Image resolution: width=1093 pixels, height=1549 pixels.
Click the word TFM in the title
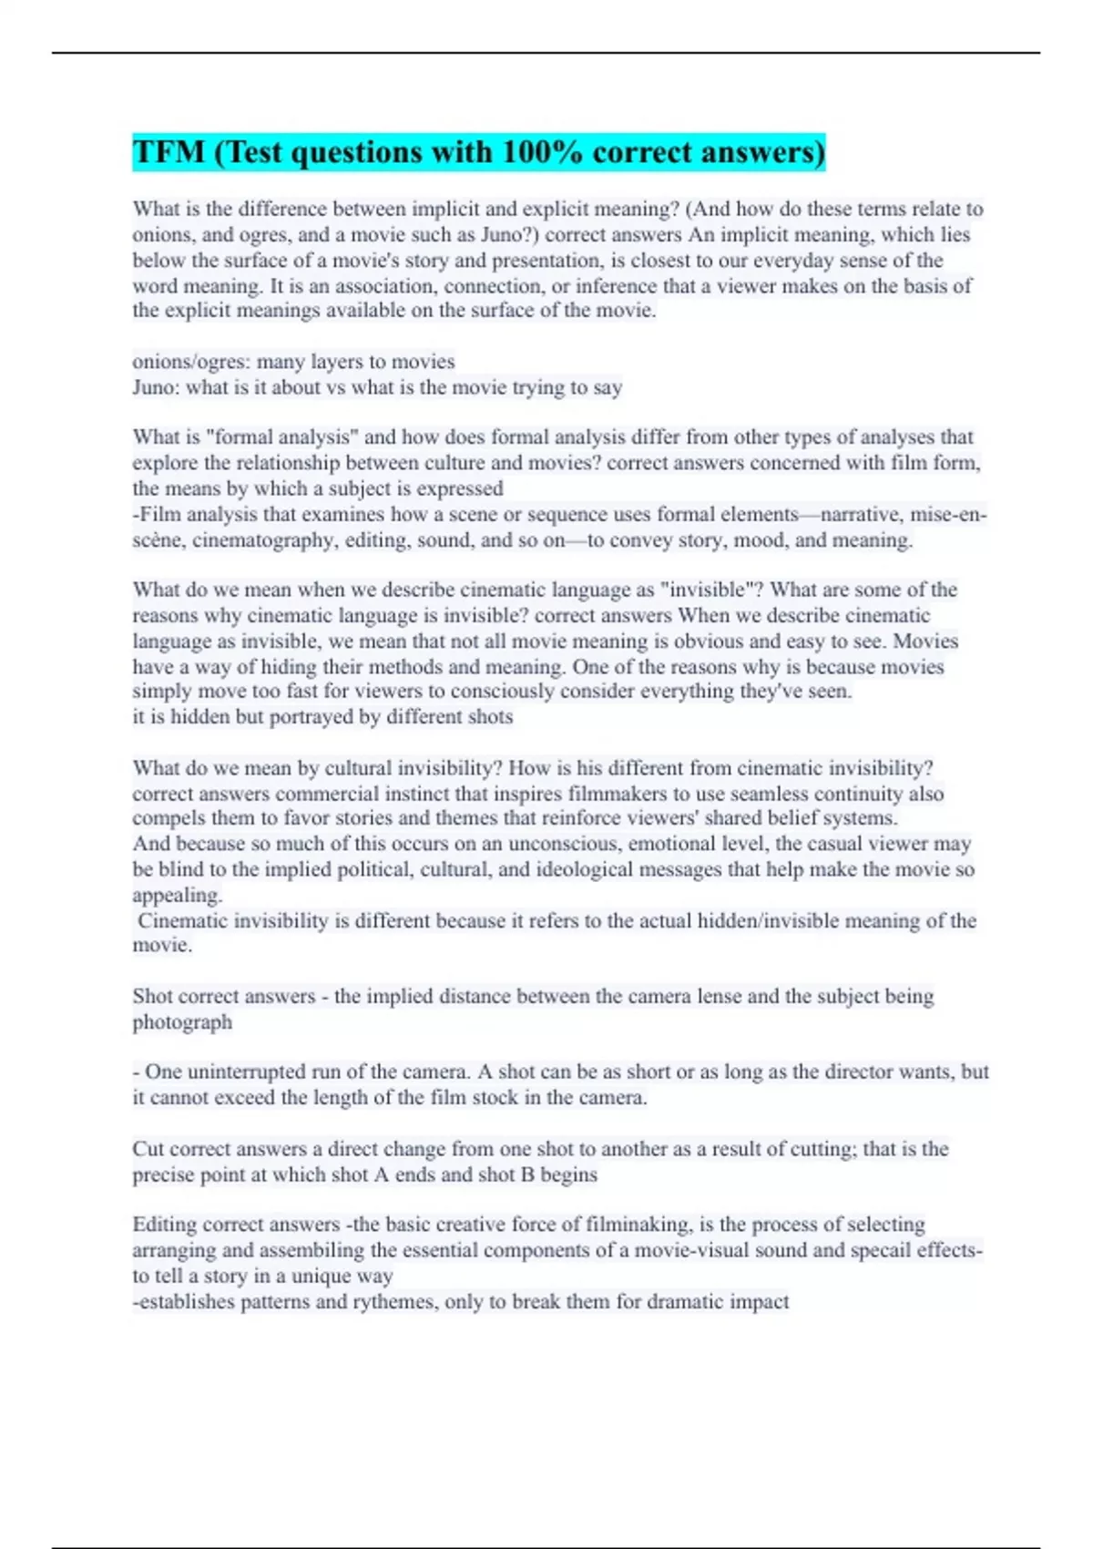pyautogui.click(x=169, y=151)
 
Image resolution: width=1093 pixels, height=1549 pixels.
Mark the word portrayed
pyautogui.click(x=311, y=717)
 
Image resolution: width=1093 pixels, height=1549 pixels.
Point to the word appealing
pyautogui.click(x=177, y=895)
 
